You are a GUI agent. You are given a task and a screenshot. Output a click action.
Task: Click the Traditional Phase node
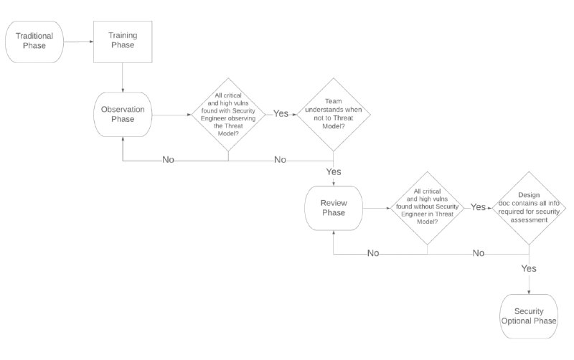[34, 42]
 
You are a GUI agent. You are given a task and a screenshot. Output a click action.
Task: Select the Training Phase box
[123, 42]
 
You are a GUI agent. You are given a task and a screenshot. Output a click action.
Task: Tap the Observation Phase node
[123, 115]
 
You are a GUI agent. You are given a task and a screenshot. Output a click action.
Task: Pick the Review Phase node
[334, 208]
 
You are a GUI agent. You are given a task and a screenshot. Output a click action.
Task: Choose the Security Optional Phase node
[529, 316]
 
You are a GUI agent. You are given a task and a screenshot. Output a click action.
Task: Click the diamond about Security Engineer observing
[228, 115]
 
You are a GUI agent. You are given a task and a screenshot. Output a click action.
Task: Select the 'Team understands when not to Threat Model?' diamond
[333, 115]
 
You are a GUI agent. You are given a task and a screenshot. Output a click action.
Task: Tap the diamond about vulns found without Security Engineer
[427, 208]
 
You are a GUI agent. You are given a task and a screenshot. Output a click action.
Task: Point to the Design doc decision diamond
[529, 208]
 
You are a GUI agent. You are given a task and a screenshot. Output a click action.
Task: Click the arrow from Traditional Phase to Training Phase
[78, 42]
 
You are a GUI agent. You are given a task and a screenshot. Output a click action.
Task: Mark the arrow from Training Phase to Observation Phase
[123, 77]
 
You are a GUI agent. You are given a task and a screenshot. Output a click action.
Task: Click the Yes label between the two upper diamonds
[281, 114]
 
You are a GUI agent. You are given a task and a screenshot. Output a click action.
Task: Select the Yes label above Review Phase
[334, 171]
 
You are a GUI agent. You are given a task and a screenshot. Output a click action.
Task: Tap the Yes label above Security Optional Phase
[529, 268]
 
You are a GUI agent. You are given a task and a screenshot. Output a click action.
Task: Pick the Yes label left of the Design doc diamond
[478, 207]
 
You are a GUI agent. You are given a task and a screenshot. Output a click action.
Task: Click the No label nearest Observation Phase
[168, 160]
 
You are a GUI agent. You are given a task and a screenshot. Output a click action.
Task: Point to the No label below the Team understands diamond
[280, 160]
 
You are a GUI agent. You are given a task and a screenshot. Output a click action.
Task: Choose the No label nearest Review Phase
[373, 253]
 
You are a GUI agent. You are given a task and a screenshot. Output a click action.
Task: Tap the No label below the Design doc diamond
[479, 253]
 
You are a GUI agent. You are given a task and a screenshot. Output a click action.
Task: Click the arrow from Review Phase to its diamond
[377, 208]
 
